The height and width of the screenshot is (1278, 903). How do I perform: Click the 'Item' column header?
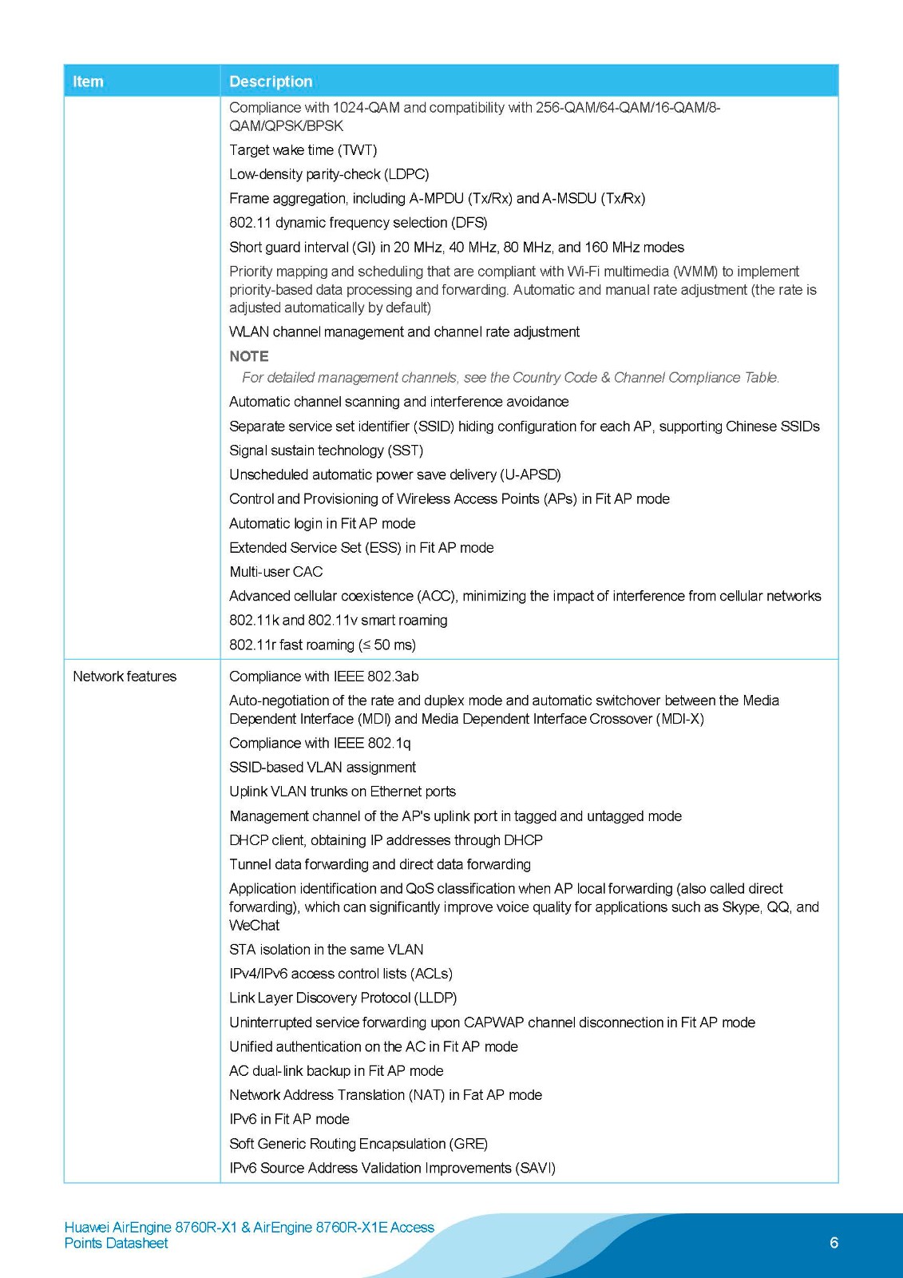click(x=88, y=81)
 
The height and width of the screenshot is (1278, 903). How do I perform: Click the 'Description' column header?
click(x=271, y=81)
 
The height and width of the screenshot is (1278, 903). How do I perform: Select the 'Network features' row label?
click(x=125, y=677)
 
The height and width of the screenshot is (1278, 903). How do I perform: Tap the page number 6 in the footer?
click(x=834, y=1243)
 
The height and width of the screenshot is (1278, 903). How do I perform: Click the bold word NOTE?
click(x=249, y=356)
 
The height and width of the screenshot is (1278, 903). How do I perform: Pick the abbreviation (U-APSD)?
click(x=530, y=474)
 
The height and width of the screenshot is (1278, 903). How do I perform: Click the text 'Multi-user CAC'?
click(x=276, y=572)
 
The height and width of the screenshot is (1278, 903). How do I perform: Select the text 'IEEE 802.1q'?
click(x=372, y=743)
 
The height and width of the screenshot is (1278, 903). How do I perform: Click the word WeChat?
click(x=255, y=925)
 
